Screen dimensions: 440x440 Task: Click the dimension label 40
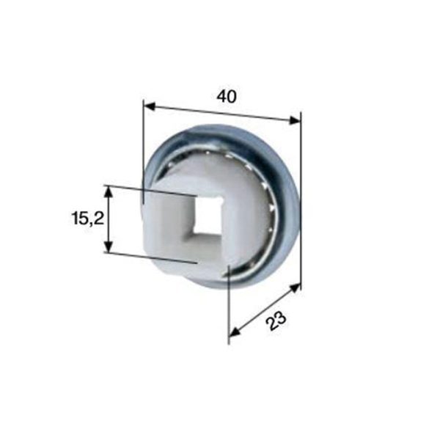[227, 96]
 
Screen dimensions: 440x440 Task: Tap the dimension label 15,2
[88, 218]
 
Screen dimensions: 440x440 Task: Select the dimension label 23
[276, 320]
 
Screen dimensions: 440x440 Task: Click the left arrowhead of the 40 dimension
[150, 106]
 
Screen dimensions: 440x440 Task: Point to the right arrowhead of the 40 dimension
[295, 120]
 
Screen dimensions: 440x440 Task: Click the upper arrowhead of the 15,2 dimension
[109, 192]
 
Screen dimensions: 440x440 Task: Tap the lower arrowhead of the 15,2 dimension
[109, 246]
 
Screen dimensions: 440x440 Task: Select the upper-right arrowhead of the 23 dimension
[295, 288]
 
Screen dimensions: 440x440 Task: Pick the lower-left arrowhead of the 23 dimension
[235, 331]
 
